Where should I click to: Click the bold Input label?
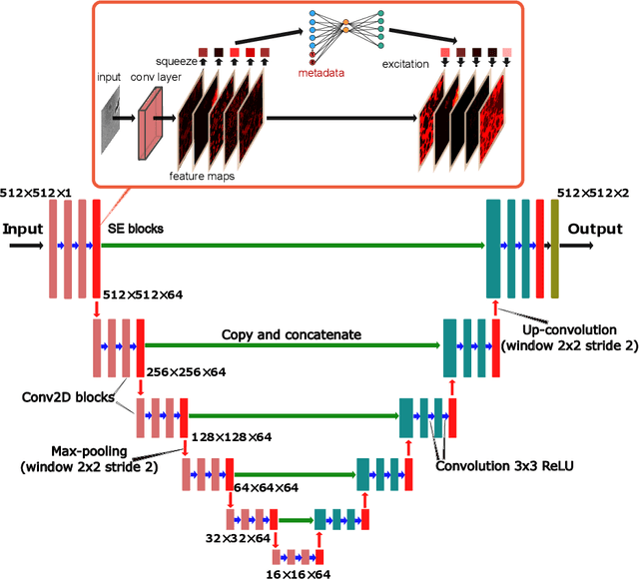[x=23, y=229]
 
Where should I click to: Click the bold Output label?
[x=595, y=229]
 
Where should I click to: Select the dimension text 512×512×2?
[x=594, y=193]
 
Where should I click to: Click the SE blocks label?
[x=136, y=229]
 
